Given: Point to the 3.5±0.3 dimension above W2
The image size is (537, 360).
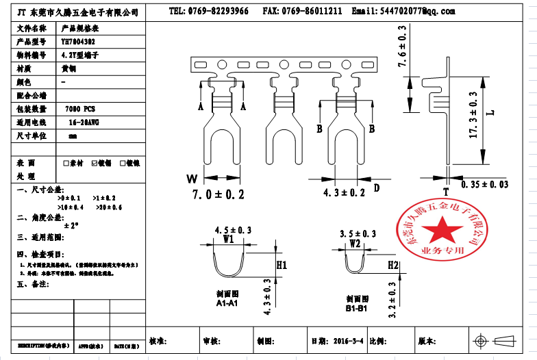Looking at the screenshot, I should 358,233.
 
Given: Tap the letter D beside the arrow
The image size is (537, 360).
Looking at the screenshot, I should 376,186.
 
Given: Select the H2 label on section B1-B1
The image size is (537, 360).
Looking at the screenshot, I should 393,264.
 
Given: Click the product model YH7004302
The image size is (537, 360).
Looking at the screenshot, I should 79,41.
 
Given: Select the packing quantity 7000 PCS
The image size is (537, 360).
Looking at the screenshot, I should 80,109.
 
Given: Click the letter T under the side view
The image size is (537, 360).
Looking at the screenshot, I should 445,192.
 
